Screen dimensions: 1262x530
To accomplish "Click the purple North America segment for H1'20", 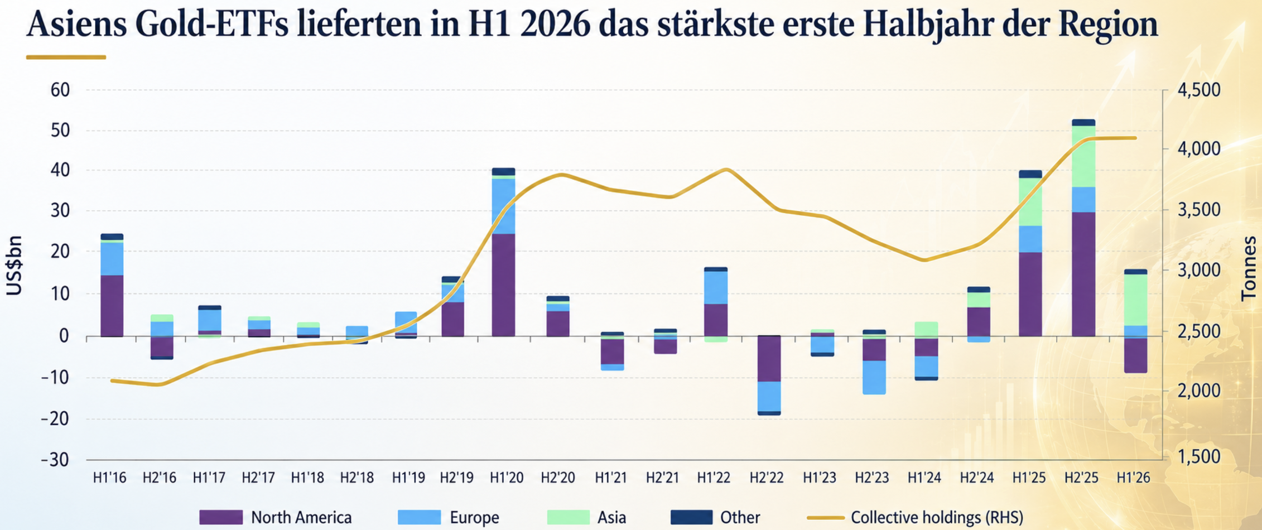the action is point(503,285).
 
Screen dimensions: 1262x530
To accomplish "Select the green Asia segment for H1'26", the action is point(1135,300).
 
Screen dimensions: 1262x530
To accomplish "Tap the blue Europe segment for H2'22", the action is point(769,396).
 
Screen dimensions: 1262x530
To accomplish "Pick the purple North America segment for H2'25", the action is point(1083,274).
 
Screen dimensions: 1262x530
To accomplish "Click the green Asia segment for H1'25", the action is point(1030,201).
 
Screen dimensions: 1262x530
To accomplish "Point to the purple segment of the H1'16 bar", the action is point(112,306).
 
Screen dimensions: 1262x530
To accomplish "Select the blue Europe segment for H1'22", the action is point(716,287).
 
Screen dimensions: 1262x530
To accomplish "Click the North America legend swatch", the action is point(221,517).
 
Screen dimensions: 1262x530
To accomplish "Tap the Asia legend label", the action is point(611,518).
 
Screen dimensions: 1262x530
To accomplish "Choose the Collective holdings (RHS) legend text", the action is point(937,518).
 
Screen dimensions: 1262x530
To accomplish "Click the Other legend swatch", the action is point(691,517).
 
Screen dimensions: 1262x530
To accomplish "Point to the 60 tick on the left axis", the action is point(60,90).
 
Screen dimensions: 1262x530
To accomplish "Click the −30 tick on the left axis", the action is point(55,460).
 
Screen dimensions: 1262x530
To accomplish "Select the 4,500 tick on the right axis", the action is point(1198,90).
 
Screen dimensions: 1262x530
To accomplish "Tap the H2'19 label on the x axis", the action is point(456,478).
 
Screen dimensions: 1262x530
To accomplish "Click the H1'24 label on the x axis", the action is point(924,478).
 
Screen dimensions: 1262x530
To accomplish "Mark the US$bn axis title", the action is point(14,265).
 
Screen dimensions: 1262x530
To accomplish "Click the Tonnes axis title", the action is point(1248,269).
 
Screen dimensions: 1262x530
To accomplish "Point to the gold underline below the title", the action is point(66,57).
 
